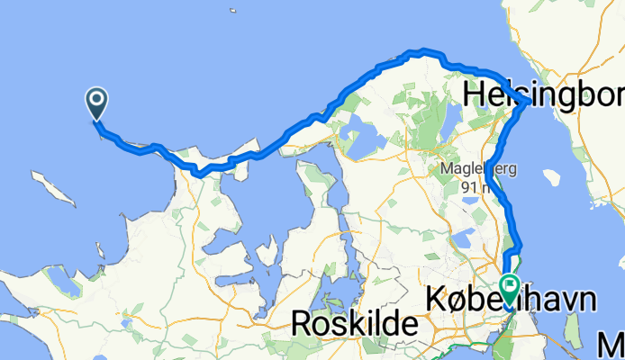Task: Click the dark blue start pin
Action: [x=95, y=103]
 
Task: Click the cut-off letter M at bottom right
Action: [x=614, y=344]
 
